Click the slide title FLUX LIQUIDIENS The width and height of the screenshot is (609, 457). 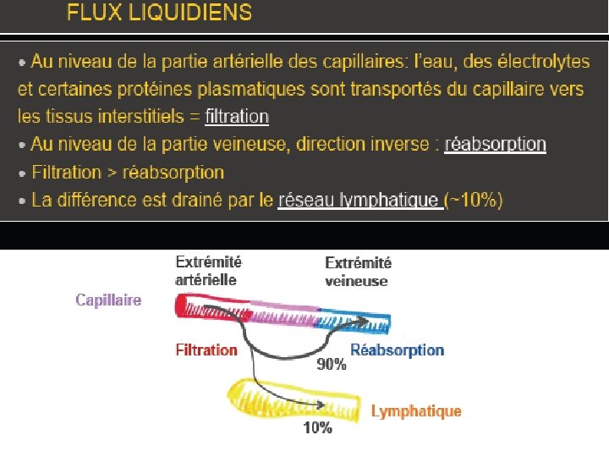click(x=159, y=13)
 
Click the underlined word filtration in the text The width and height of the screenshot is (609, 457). click(x=237, y=117)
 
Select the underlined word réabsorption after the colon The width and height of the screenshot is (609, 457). click(x=495, y=145)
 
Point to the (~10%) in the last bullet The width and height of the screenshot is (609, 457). click(x=475, y=201)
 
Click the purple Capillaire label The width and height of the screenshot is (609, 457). click(x=108, y=300)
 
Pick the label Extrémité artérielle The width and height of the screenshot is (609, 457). click(x=208, y=271)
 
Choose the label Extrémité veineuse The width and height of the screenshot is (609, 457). click(x=358, y=273)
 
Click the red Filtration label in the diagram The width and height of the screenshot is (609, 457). click(x=206, y=349)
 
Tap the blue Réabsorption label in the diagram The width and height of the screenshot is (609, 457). click(x=397, y=350)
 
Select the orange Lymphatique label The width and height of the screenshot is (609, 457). click(x=416, y=411)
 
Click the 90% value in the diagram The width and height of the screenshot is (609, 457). click(x=332, y=365)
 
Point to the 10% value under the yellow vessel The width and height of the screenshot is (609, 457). click(x=317, y=428)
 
